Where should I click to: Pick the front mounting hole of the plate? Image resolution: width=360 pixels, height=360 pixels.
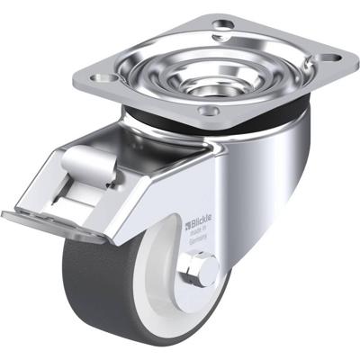(x=211, y=112)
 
